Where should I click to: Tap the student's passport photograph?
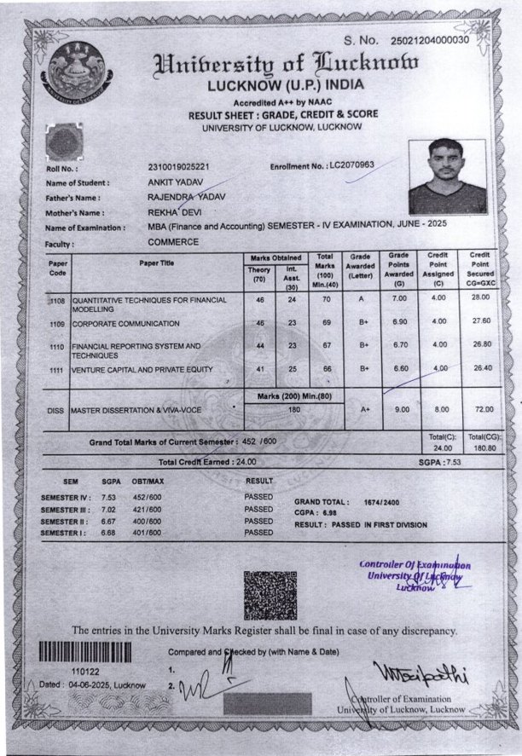pyautogui.click(x=447, y=176)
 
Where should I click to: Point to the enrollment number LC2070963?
pyautogui.click(x=351, y=164)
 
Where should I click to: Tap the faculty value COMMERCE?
pyautogui.click(x=173, y=242)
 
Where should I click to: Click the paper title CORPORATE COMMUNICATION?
pyautogui.click(x=125, y=324)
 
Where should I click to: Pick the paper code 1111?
pyautogui.click(x=57, y=370)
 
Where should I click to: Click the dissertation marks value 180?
pyautogui.click(x=293, y=410)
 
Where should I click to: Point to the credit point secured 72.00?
pyautogui.click(x=484, y=410)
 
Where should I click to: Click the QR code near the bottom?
pyautogui.click(x=270, y=595)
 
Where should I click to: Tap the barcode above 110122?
pyautogui.click(x=85, y=652)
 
